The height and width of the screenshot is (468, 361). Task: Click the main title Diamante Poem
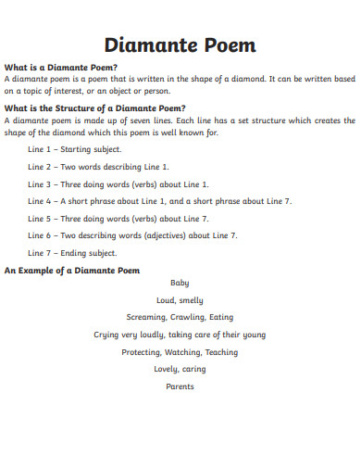[180, 44]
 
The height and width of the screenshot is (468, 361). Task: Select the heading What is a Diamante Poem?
[61, 68]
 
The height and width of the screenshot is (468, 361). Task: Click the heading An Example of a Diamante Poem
[72, 270]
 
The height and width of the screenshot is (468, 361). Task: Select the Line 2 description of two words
[98, 167]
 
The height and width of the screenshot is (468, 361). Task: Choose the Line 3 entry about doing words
[118, 183]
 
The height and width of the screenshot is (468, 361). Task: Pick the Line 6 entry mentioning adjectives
[132, 235]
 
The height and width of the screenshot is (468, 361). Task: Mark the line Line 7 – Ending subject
[72, 253]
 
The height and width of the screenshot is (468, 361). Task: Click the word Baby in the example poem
[180, 283]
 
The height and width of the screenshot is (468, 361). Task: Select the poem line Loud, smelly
[180, 300]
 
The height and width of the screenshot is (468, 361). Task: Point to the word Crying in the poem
[107, 335]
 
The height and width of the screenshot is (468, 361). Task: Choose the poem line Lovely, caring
[180, 369]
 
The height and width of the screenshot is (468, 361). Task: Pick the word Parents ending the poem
[180, 386]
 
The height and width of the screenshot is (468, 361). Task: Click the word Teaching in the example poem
[221, 352]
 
